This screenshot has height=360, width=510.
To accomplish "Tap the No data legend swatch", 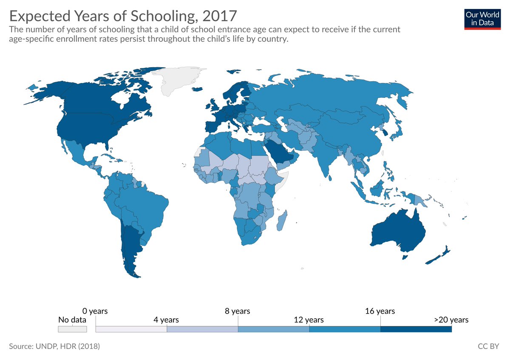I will pos(72,329).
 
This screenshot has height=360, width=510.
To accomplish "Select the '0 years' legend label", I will pos(95,311).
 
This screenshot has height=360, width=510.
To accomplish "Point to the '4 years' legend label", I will pos(166,320).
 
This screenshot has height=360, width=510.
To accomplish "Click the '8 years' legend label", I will pos(237,311).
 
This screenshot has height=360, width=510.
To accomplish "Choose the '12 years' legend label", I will pos(309,320).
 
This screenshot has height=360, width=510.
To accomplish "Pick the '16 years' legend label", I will pos(380,311).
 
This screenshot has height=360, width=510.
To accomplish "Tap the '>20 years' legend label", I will pos(451,320).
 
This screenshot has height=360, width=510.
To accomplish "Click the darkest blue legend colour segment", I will pos(416,329).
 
